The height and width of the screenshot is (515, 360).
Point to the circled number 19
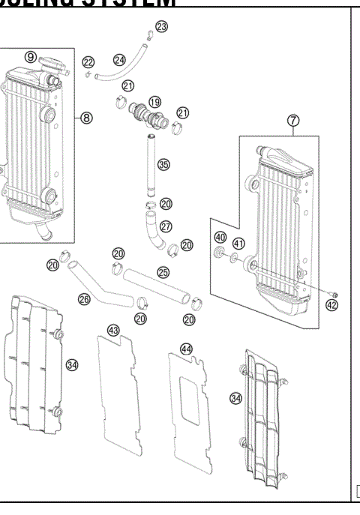click(x=155, y=101)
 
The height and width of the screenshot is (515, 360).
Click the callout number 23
click(x=161, y=27)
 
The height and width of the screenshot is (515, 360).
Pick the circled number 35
click(x=163, y=163)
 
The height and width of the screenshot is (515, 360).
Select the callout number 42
click(x=331, y=304)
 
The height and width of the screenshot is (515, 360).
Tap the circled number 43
click(x=113, y=329)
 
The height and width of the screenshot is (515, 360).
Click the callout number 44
click(x=186, y=349)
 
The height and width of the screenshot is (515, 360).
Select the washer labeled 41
click(x=235, y=259)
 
